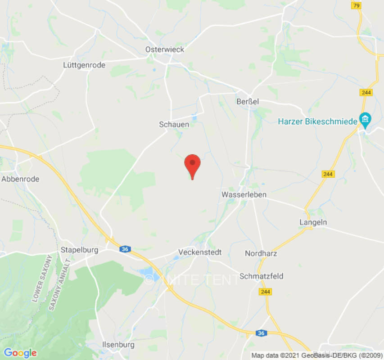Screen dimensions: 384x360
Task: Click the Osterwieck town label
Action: (165, 49)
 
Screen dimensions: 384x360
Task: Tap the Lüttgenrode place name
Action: (84, 65)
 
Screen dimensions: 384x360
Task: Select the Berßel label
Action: (248, 102)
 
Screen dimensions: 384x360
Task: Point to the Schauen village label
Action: (174, 124)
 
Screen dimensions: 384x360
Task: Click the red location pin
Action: (193, 165)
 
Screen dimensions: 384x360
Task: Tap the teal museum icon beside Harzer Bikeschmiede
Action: (364, 120)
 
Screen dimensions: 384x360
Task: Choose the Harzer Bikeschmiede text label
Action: (317, 121)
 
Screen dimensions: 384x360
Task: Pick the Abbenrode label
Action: (20, 179)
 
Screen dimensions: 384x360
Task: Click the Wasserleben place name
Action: (244, 195)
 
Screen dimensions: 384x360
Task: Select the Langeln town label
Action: (313, 222)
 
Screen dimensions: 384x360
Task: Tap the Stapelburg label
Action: (80, 250)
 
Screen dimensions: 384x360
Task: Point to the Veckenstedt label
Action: (200, 252)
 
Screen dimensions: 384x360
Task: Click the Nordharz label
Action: (261, 253)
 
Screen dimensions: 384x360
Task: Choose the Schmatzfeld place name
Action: (262, 276)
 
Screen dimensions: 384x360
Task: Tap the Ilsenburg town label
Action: (115, 345)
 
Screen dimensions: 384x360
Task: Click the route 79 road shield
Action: (357, 6)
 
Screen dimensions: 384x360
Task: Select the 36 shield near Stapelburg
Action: (125, 249)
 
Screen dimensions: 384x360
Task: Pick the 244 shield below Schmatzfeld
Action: (265, 292)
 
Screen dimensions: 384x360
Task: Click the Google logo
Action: (20, 353)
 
